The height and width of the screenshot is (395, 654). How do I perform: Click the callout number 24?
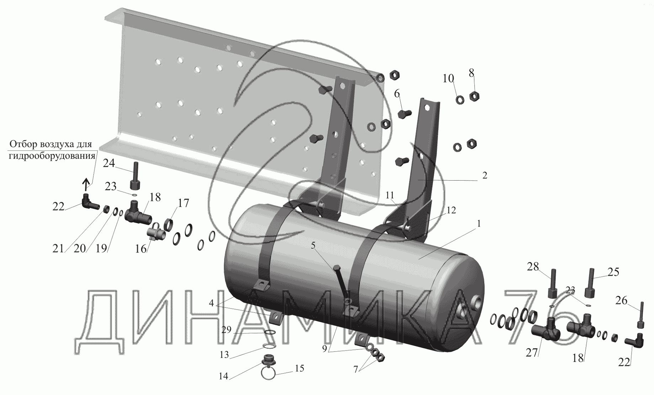[109, 163]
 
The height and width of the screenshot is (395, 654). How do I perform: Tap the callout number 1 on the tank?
[479, 224]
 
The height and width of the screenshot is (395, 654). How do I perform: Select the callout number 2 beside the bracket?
[485, 176]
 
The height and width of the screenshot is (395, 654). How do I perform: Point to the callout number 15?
[300, 368]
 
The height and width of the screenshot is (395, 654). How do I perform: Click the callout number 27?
[532, 353]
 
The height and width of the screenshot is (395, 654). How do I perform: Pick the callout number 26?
[621, 301]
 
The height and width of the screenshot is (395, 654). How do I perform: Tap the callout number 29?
[226, 330]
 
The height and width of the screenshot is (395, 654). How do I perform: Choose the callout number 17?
[183, 203]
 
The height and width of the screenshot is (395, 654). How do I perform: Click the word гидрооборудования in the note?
[52, 156]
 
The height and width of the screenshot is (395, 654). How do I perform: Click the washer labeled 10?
[459, 100]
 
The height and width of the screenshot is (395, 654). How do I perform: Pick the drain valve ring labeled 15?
[269, 374]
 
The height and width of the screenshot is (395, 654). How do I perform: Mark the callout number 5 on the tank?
[313, 245]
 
